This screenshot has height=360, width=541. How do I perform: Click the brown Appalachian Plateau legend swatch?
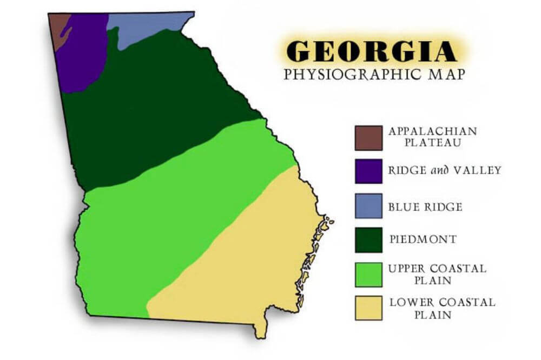pos(368,138)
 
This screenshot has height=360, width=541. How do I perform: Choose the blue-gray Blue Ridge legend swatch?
pos(368,206)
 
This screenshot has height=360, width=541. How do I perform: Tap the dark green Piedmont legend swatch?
pos(368,239)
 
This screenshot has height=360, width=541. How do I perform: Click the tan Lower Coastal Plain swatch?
pos(368,307)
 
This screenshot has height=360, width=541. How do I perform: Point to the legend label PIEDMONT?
pos(423,239)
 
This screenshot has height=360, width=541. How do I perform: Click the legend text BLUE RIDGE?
pos(425,206)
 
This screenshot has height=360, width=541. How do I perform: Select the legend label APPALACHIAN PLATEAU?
pos(432,137)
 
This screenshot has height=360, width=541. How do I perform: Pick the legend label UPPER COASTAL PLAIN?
pos(437,274)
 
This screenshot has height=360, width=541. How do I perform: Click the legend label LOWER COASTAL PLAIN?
pos(441,308)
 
